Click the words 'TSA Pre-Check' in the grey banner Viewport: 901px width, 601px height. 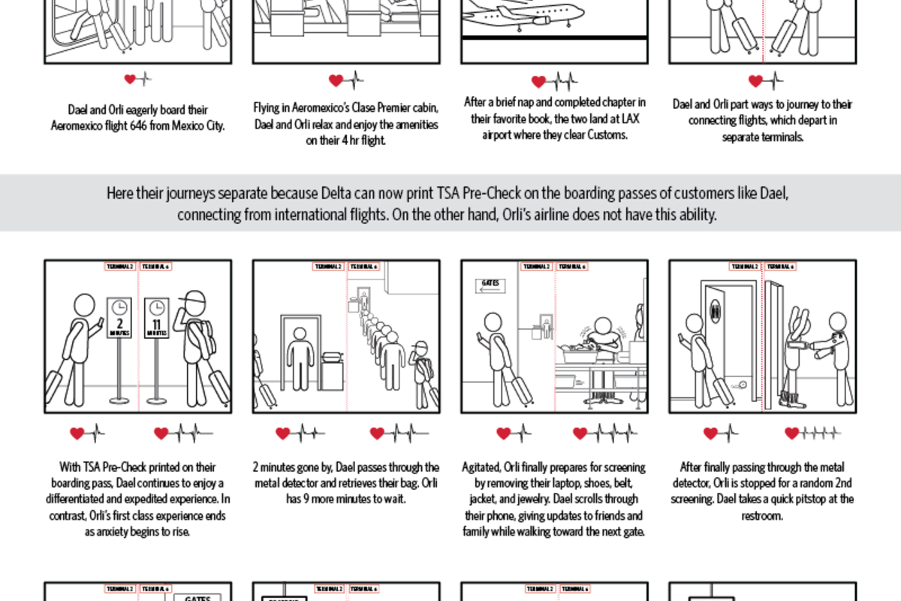click(468, 194)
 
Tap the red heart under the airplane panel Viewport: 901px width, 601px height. click(538, 81)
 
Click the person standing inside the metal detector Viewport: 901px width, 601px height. click(301, 353)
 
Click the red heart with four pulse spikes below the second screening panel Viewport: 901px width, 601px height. click(792, 433)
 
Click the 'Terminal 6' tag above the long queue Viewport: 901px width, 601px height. click(363, 267)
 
